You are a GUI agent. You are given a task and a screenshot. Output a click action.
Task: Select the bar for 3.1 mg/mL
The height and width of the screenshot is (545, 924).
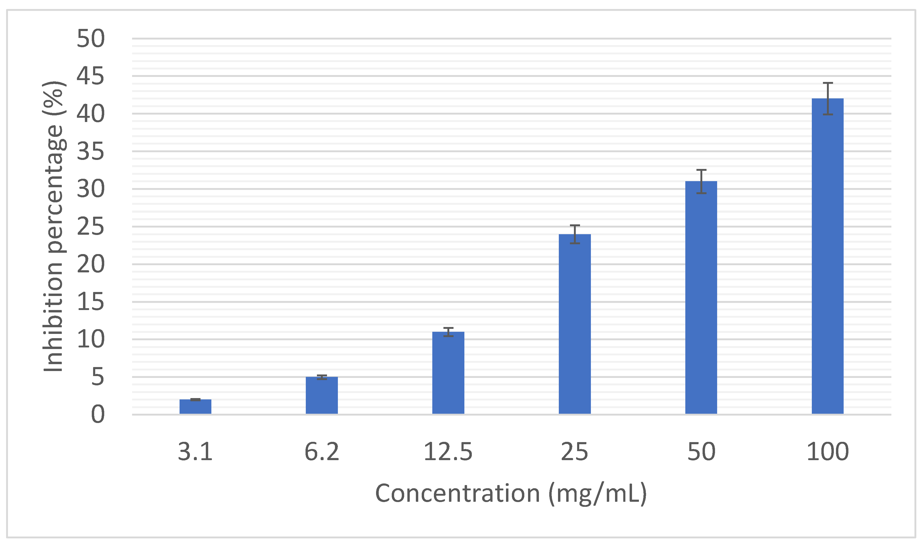tap(195, 407)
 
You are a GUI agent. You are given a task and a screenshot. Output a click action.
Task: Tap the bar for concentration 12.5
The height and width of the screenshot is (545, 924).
tap(448, 373)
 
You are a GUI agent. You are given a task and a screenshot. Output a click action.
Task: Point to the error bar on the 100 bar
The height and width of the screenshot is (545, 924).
tap(827, 98)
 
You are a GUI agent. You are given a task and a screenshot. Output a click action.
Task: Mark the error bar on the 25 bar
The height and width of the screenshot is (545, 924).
tap(575, 234)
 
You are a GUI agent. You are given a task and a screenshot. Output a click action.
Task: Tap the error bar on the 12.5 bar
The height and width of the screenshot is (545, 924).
tap(448, 332)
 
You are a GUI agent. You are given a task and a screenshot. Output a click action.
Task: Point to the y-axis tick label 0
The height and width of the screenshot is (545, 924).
tap(98, 415)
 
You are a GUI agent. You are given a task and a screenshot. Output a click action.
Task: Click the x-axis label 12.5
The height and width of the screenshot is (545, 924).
tap(448, 452)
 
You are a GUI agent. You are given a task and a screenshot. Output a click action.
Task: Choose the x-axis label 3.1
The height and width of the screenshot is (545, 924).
tap(195, 452)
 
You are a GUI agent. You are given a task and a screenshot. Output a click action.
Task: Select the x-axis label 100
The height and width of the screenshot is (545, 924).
tap(827, 452)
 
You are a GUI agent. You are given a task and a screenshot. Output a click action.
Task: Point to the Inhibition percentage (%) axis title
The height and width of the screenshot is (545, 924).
tap(54, 226)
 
